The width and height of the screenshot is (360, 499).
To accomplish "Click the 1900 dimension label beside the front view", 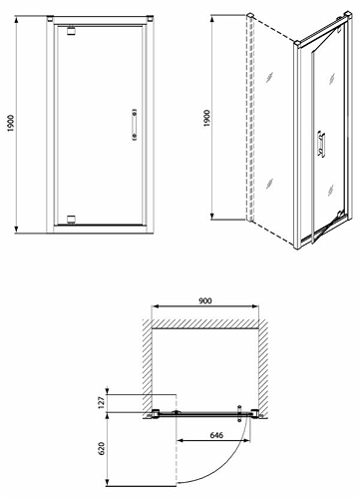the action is click(11, 123).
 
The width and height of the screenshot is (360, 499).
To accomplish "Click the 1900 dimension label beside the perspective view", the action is click(206, 118).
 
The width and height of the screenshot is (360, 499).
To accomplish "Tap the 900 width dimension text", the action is click(205, 300).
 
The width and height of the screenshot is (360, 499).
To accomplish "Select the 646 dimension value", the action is click(216, 435).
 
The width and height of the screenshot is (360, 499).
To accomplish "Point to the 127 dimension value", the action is click(102, 402).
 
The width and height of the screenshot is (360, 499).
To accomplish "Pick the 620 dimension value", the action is click(102, 448).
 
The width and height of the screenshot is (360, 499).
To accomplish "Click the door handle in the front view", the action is click(135, 125).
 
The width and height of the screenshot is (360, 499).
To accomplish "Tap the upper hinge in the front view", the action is click(71, 30).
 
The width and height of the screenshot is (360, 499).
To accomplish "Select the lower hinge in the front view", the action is click(71, 220).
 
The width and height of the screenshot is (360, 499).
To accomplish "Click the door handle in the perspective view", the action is click(321, 144).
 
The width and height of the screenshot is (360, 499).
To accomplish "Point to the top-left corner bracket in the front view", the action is click(50, 18).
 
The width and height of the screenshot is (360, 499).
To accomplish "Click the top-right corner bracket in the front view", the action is click(150, 18).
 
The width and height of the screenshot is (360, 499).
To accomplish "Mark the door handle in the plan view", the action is click(239, 413).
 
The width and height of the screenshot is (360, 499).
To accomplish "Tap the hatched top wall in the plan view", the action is click(205, 324).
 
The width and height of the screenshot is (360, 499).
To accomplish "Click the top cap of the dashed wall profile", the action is click(250, 15).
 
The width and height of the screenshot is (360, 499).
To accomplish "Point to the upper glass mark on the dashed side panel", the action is click(269, 77).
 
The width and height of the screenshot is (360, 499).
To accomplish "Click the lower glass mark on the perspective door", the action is click(330, 190).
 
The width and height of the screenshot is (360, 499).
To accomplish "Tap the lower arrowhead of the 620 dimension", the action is click(107, 483).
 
